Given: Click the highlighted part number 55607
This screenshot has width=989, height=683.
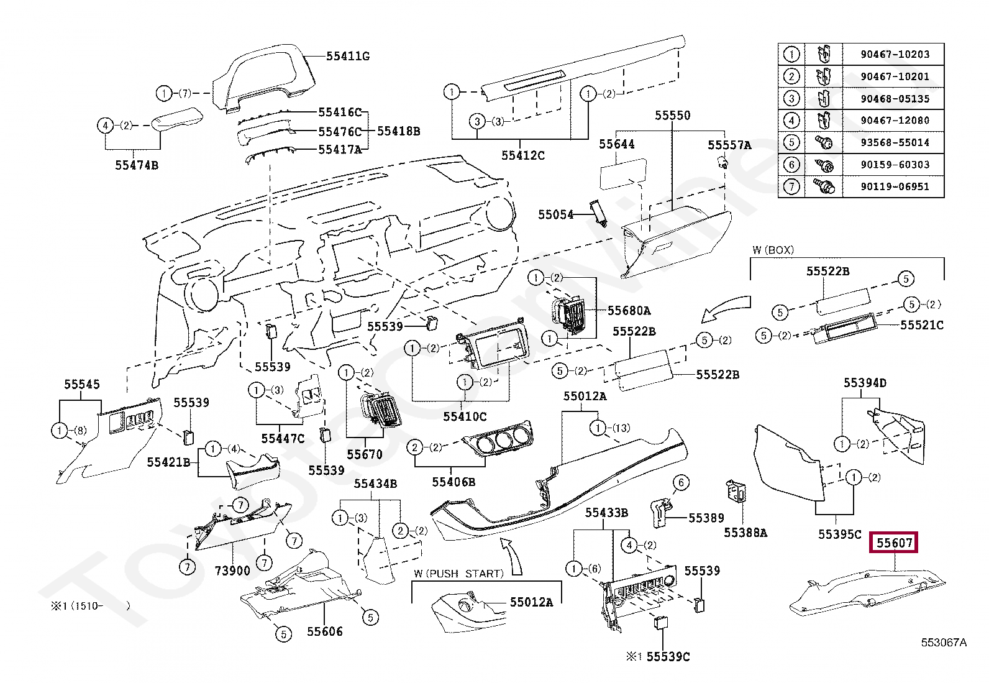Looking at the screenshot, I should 894,543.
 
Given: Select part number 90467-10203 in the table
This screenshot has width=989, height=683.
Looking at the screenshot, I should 895,55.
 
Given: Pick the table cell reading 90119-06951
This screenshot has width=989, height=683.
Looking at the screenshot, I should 895,186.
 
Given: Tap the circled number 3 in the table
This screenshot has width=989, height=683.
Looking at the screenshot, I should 791,98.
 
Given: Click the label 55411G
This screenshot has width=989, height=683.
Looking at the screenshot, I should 348,57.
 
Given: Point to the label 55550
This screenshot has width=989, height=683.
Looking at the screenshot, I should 672,116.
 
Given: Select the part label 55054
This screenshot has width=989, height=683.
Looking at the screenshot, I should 555,214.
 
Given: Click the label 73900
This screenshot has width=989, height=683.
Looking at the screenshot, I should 232,571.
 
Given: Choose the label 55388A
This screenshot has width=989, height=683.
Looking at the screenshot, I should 745,533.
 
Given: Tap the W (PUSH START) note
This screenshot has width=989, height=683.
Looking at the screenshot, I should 458,574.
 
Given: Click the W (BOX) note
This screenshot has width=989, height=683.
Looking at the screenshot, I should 773,250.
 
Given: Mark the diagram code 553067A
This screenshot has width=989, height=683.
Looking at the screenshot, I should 943,643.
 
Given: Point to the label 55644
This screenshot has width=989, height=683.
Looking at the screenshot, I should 616,144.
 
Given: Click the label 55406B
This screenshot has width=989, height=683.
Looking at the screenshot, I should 453,482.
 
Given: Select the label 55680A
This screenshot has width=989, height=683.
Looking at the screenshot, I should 629,311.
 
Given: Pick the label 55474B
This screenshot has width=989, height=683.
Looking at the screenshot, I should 137,165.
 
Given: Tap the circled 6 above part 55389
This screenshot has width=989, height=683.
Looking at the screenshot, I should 681,483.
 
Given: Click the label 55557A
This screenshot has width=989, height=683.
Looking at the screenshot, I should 729,145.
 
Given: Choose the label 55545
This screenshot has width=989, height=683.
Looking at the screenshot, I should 82,385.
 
